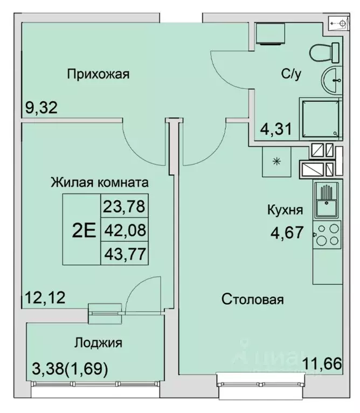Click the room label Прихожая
[98, 74]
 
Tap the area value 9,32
[41, 108]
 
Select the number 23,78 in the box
[124, 206]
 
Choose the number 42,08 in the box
[124, 230]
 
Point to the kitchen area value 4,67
[286, 233]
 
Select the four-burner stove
[327, 235]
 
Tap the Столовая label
[252, 300]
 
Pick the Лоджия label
[98, 342]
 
